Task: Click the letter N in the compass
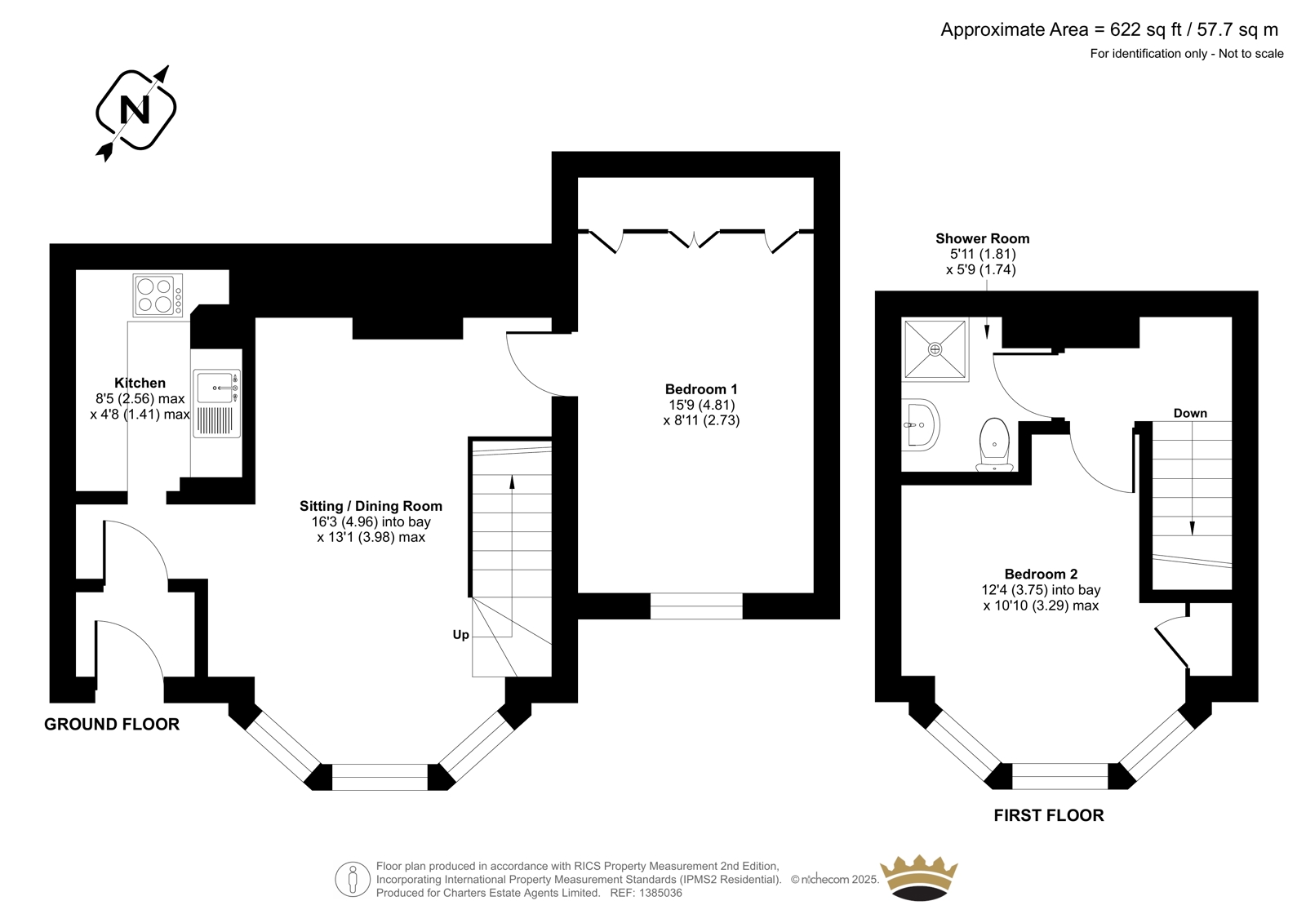(135, 109)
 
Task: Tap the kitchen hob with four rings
(158, 295)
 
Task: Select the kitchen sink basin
(215, 388)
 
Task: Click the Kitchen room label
(140, 383)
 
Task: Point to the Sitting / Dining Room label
(371, 506)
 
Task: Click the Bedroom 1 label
(701, 389)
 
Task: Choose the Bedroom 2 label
(1041, 574)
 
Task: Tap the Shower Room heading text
(983, 238)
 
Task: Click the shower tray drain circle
(935, 349)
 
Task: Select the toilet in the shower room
(995, 444)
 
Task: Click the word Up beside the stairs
(460, 635)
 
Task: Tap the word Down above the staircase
(1190, 414)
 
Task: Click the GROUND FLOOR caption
(112, 724)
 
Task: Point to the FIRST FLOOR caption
(1049, 815)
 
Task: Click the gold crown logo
(919, 877)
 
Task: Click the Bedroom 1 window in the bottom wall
(696, 606)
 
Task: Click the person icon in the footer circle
(352, 879)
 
